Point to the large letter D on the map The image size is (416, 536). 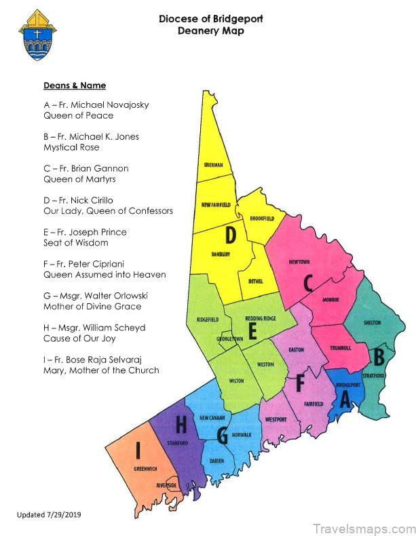[231, 235]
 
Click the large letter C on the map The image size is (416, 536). [307, 282]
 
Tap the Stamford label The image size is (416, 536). [177, 443]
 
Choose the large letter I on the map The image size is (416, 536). [138, 448]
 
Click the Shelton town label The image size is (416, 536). [373, 322]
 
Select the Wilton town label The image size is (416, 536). [235, 381]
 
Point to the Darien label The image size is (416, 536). [217, 461]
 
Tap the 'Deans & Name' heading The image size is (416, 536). [75, 85]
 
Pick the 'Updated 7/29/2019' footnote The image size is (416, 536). [49, 515]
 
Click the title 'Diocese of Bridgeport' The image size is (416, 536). [210, 19]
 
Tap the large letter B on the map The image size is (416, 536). [379, 355]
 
